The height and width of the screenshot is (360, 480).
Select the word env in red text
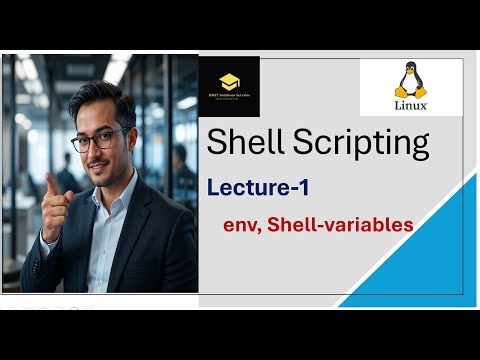(243, 225)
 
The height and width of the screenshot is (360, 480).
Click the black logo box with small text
(230, 86)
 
